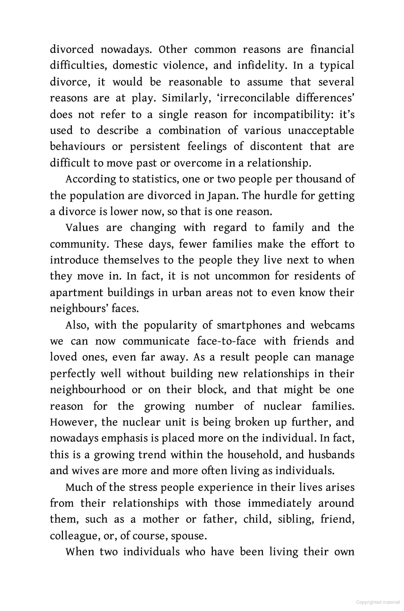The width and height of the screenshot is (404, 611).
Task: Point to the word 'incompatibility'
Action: [293, 114]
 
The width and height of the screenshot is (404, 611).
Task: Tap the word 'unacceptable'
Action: [321, 131]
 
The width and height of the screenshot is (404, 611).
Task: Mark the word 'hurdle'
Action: [279, 195]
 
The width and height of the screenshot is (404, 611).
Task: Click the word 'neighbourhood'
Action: [88, 390]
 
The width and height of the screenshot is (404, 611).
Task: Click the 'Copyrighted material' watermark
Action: [377, 602]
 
